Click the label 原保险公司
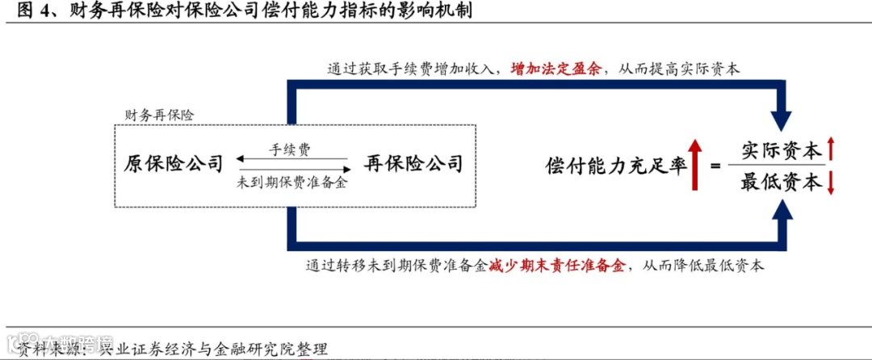coord(173,164)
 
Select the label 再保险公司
coord(413,164)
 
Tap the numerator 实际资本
coord(781,150)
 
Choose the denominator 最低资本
coord(781,183)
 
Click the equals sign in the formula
coord(714,166)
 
